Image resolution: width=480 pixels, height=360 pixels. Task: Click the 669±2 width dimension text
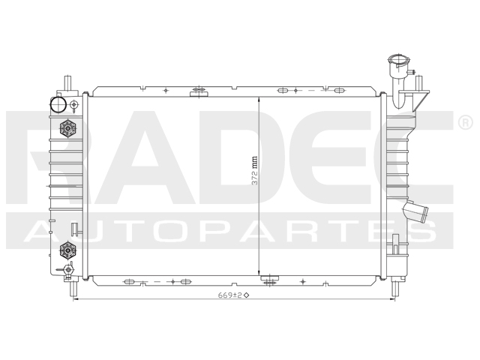(x=229, y=294)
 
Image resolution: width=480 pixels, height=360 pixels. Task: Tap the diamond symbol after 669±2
(x=246, y=294)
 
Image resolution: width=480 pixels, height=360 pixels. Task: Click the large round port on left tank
(x=59, y=103)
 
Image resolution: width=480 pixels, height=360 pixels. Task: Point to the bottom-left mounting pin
(x=73, y=286)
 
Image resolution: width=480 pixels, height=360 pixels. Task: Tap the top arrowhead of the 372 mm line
(x=259, y=100)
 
